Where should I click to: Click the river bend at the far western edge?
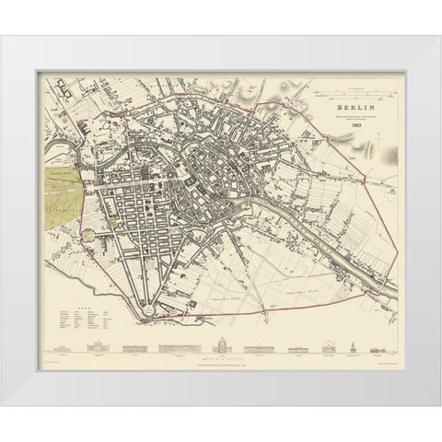coord(51,121)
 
